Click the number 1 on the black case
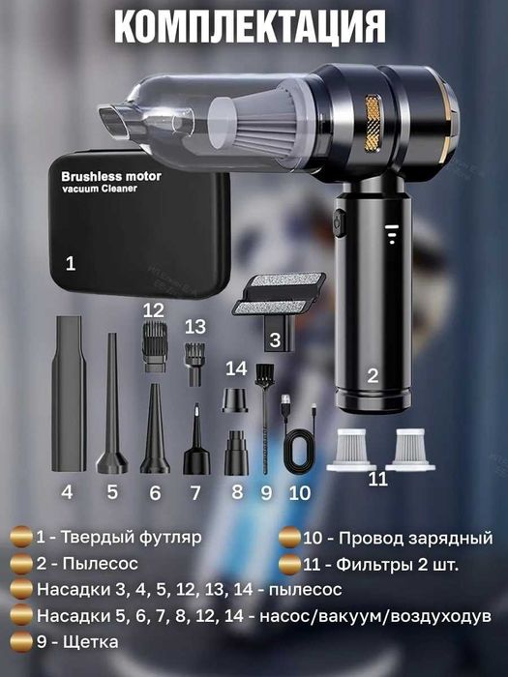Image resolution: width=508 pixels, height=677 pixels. (69, 262)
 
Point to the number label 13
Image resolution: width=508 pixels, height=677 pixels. (195, 325)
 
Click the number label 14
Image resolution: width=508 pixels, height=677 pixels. (236, 368)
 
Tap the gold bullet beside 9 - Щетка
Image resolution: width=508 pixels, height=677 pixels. (19, 641)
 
